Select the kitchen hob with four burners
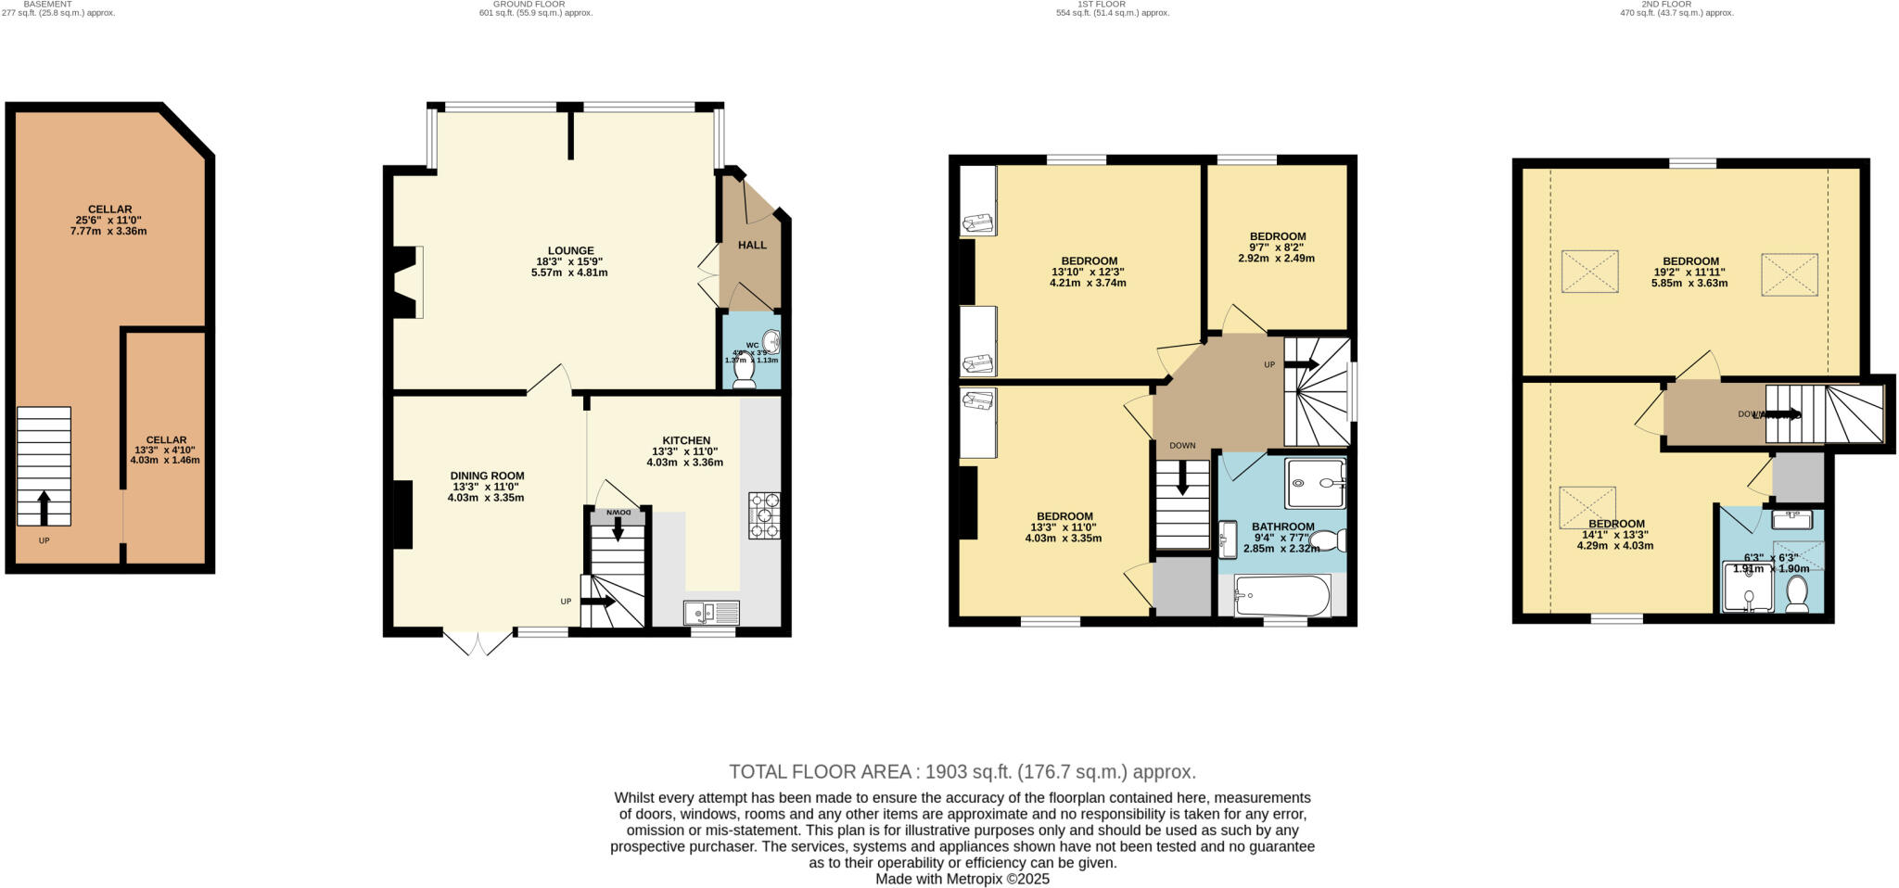point(764,515)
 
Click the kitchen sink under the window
point(711,612)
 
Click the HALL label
point(752,245)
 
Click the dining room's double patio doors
point(478,643)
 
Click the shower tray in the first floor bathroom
point(1314,482)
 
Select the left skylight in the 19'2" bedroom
point(1589,272)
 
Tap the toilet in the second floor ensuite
point(1796,593)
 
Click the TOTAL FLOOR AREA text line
point(962,771)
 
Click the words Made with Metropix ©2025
point(962,879)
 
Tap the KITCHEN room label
point(685,440)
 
